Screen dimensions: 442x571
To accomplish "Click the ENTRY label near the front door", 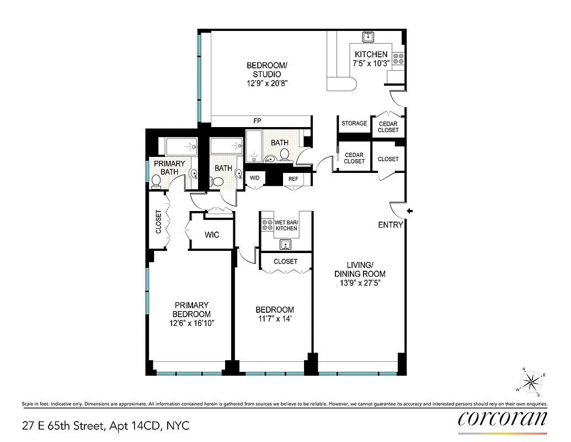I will (391, 225).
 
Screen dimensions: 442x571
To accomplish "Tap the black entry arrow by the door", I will (410, 211).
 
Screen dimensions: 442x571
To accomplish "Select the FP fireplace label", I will (257, 120).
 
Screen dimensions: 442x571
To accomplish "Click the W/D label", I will (254, 178).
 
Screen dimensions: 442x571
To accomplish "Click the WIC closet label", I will (212, 235).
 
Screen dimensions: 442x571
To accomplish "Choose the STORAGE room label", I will (354, 123).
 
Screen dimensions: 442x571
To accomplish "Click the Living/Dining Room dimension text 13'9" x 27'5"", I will (360, 283).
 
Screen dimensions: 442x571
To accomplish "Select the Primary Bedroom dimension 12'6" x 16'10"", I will (191, 323).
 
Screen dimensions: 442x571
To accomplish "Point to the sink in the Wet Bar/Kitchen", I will (285, 244).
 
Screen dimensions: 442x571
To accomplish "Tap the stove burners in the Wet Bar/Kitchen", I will (267, 224).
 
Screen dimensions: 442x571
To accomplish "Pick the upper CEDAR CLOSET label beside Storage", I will (388, 127).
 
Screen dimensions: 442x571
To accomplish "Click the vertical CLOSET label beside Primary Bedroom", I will (159, 222).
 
